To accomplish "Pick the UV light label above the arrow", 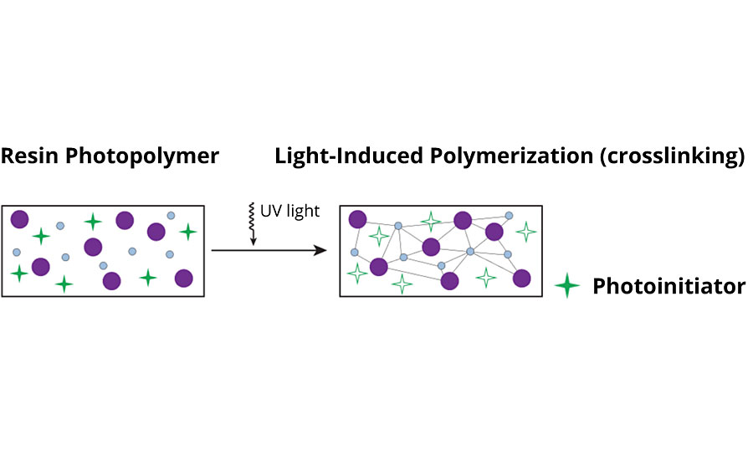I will (x=291, y=211).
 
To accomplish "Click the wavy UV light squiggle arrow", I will (x=253, y=224).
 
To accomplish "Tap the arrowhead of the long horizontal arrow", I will (x=320, y=250).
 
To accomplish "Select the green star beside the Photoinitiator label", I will (x=567, y=287).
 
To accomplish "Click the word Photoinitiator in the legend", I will (x=668, y=287).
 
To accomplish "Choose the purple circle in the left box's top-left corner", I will (x=19, y=219).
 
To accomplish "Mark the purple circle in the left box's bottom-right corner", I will (x=183, y=278).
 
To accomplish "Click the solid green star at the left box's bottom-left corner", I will (x=18, y=273).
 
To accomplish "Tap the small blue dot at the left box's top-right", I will (x=171, y=215).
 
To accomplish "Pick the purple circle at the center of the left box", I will (x=92, y=247).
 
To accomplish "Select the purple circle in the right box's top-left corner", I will (x=357, y=219).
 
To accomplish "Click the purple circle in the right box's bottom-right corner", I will (x=522, y=278).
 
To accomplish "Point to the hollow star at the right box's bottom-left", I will (x=357, y=273).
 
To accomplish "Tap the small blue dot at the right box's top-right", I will (x=509, y=215).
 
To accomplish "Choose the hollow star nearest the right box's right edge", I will (x=525, y=231).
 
